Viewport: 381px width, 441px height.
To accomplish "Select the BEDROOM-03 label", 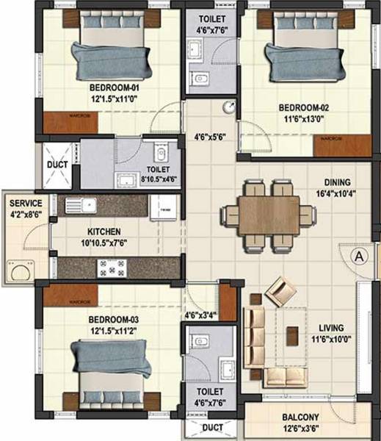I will (x=112, y=320).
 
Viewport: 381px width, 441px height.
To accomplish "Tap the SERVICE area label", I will (x=24, y=203).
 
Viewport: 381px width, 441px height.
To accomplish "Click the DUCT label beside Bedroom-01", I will (x=57, y=165).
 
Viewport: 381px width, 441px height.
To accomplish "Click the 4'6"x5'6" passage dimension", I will (x=211, y=137).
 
